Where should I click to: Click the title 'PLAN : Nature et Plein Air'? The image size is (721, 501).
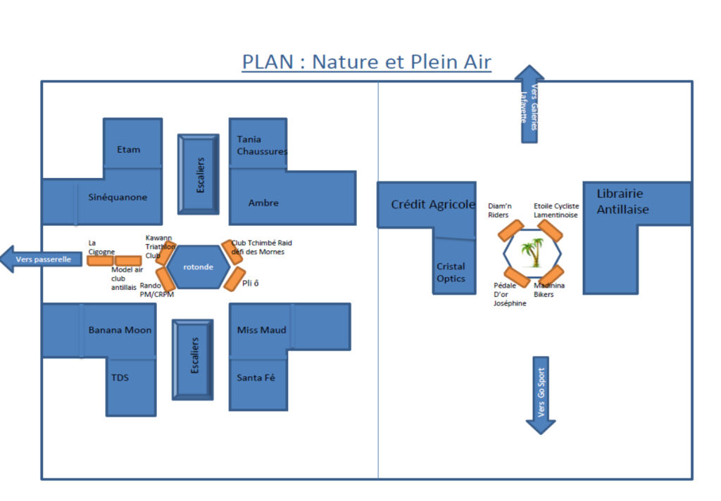click(x=366, y=62)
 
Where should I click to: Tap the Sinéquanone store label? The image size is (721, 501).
click(x=117, y=198)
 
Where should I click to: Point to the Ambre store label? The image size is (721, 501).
click(x=263, y=203)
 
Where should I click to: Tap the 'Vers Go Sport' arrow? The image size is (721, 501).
click(x=541, y=395)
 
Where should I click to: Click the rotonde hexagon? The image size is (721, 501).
click(x=199, y=267)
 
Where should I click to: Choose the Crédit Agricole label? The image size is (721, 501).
click(x=433, y=205)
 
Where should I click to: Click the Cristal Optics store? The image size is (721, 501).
click(x=451, y=272)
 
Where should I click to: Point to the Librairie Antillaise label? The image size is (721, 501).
click(x=622, y=201)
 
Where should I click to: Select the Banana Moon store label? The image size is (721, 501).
click(x=120, y=330)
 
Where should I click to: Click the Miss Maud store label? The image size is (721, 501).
click(x=261, y=330)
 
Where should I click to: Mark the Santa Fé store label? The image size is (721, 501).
click(x=256, y=378)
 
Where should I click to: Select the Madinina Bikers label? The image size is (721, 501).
click(x=548, y=290)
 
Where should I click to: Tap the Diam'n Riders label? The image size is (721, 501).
click(x=499, y=211)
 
